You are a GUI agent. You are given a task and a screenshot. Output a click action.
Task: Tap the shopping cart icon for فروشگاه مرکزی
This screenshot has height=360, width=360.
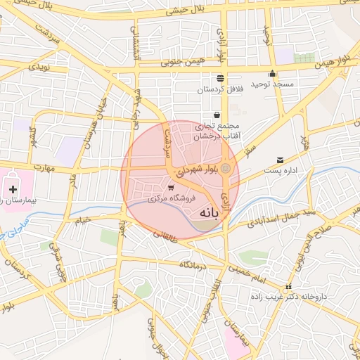pyautogui.click(x=172, y=187)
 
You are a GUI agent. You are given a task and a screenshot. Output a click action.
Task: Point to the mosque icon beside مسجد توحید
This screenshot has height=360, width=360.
pyautogui.click(x=273, y=74)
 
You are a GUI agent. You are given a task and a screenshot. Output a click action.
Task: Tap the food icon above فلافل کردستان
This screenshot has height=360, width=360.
pyautogui.click(x=221, y=77)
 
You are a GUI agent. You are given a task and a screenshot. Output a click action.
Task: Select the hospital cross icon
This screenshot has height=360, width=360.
pyautogui.click(x=13, y=189)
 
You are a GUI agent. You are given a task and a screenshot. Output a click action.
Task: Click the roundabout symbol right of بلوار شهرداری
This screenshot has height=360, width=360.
pyautogui.click(x=226, y=169)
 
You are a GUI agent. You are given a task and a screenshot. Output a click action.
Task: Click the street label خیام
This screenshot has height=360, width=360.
pyautogui.click(x=83, y=221)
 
